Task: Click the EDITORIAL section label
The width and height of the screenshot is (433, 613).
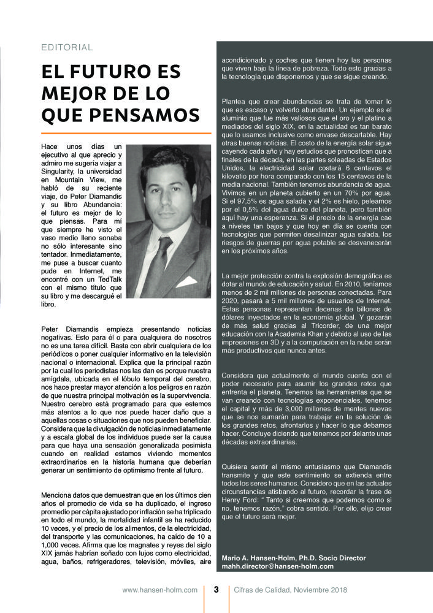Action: click(x=67, y=47)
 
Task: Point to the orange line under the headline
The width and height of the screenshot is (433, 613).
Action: click(x=126, y=133)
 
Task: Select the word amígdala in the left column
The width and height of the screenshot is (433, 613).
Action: click(x=58, y=387)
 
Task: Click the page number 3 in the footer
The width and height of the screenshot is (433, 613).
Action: click(x=216, y=590)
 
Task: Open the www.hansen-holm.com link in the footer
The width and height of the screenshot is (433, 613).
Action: click(x=159, y=590)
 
